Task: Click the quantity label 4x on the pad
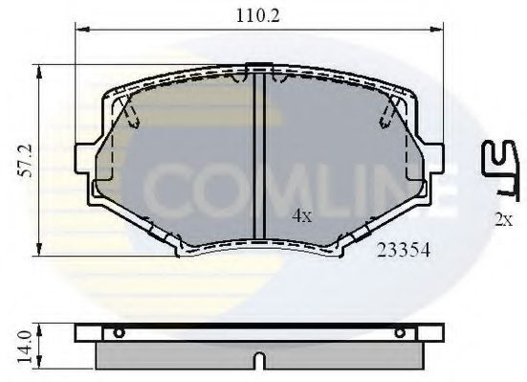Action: point(301,216)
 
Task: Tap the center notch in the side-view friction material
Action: point(258,363)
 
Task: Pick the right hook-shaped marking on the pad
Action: point(386,115)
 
